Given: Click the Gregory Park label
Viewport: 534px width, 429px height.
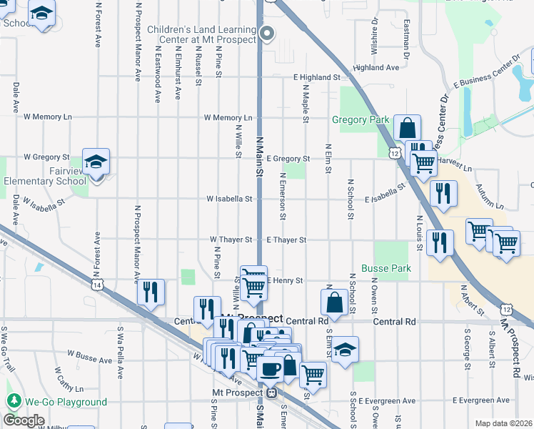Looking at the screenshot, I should tap(358, 119).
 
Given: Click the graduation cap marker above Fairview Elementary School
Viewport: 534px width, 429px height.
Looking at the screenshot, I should tap(96, 162).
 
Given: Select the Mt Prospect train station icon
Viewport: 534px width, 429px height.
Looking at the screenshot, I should tap(271, 393).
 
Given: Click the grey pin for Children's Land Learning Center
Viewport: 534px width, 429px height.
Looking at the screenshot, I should tap(268, 32).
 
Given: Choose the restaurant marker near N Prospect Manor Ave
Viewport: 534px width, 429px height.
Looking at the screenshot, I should tap(151, 291).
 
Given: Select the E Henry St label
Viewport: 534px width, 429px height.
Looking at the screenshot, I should tap(286, 280).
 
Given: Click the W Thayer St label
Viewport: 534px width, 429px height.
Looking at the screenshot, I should tap(231, 240).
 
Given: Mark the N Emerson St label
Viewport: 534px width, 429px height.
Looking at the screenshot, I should tap(283, 195).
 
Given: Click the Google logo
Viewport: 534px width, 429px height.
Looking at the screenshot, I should tap(24, 420).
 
